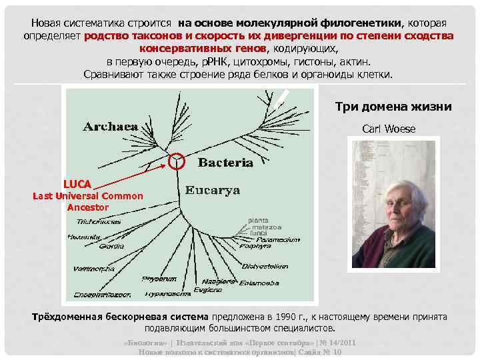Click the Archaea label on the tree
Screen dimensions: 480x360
111,126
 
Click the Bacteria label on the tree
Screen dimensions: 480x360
226,162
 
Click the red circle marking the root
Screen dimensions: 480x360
176,161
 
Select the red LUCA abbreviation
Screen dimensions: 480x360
77,183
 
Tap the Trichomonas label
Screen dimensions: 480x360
99,221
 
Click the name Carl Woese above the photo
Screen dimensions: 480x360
388,129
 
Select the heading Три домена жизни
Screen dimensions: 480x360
393,107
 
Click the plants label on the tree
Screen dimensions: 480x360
258,220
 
